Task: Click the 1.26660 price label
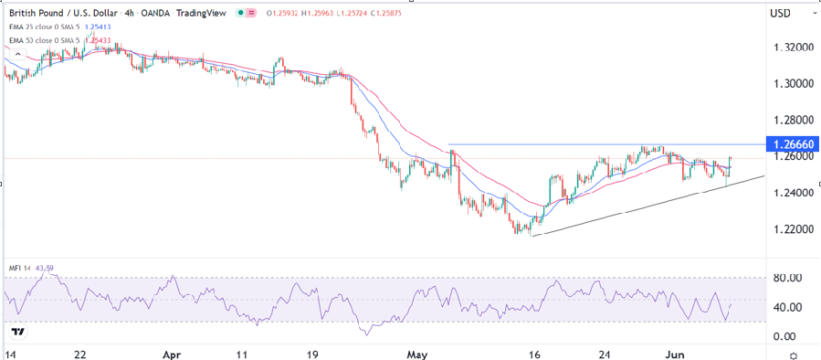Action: (x=791, y=144)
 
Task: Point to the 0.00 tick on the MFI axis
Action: (x=785, y=336)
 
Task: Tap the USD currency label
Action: (x=780, y=14)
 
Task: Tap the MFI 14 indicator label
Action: (x=20, y=269)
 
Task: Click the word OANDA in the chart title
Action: (x=171, y=14)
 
